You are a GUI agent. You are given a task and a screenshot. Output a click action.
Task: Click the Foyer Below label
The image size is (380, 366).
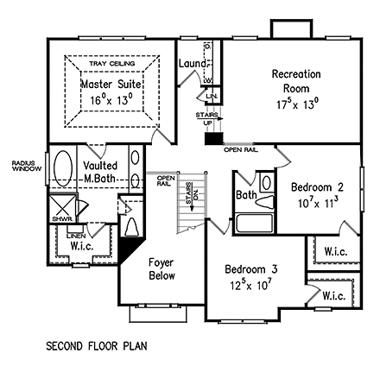(x=161, y=268)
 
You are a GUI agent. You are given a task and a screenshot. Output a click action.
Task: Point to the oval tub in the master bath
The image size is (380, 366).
(x=64, y=169)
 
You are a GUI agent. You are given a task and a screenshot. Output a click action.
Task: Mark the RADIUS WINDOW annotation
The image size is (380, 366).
(x=20, y=164)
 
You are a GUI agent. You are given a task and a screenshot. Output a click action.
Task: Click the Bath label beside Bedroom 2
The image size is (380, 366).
(x=246, y=196)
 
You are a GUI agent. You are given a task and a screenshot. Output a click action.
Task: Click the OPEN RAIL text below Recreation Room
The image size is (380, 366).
(x=240, y=149)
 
